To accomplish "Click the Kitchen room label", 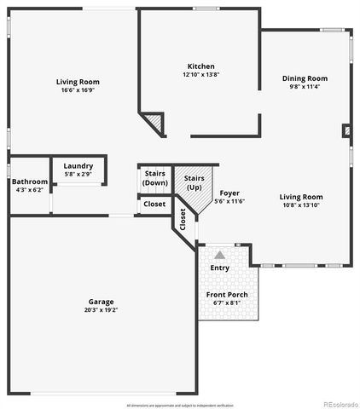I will [x=201, y=66].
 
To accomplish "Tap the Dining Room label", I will [x=305, y=78].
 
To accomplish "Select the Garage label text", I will [x=101, y=302].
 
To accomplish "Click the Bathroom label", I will [x=29, y=181].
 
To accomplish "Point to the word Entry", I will [x=220, y=268].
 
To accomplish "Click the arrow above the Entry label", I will [x=220, y=255].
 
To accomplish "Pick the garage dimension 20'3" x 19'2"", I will [x=101, y=311].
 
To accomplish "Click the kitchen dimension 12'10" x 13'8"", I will [x=201, y=75].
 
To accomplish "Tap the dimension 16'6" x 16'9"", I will [x=79, y=90].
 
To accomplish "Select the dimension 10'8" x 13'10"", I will [x=301, y=205].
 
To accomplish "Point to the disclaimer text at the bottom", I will [x=180, y=404].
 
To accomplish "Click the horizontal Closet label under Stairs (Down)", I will [x=154, y=204].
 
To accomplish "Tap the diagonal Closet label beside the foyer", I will [x=183, y=219].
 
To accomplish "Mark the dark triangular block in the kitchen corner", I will [x=154, y=124].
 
